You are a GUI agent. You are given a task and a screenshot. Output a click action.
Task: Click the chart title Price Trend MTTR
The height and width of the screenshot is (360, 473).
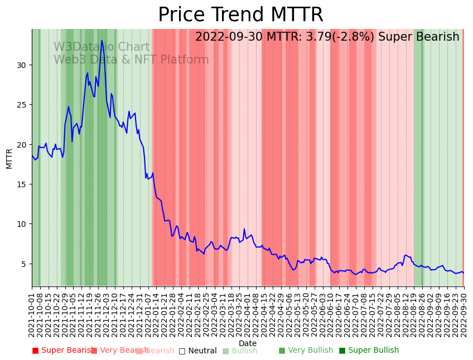tap(240, 15)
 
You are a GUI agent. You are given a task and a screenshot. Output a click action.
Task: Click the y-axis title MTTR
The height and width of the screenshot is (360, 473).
tap(9, 158)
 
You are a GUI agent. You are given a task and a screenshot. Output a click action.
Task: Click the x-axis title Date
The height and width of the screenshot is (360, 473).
tap(248, 343)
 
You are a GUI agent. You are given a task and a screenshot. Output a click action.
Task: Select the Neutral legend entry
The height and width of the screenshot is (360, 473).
tap(197, 351)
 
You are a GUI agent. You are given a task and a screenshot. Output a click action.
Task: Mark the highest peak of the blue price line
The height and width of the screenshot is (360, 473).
tap(102, 40)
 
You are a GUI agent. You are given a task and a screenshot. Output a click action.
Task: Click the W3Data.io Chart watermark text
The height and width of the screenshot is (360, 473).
tap(102, 47)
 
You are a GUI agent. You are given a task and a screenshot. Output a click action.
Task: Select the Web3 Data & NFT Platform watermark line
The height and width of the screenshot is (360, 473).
tap(131, 60)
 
